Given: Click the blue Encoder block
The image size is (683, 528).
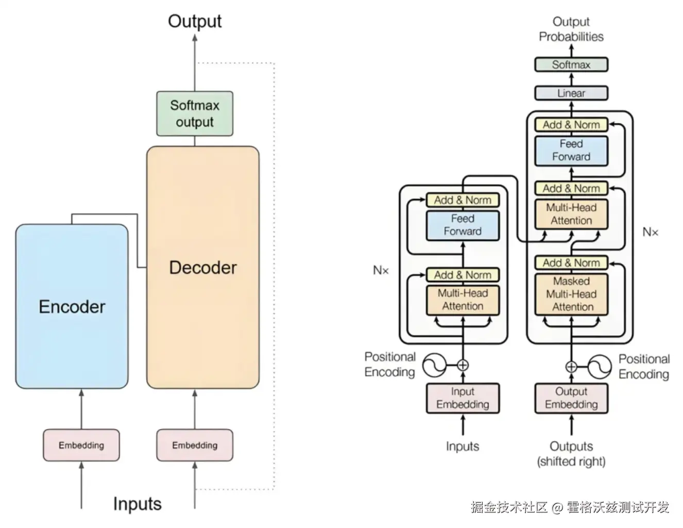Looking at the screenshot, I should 72,306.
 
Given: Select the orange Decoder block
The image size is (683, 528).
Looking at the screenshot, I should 202,267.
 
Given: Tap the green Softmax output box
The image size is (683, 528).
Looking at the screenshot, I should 195,114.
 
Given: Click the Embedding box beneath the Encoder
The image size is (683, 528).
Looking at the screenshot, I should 81,445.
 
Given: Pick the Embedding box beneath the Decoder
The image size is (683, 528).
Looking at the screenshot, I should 195,445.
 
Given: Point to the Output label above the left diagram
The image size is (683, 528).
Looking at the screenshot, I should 195,21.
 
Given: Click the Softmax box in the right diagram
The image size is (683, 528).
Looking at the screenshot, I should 571,65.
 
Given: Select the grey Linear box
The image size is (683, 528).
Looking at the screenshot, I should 571,93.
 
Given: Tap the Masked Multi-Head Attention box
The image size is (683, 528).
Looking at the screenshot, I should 571,294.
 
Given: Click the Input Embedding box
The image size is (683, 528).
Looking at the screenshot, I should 463,398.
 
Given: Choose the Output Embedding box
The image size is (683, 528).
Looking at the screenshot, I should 571,398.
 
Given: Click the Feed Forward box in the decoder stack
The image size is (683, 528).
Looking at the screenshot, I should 571,150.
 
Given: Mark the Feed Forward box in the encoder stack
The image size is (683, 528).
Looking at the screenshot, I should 463,225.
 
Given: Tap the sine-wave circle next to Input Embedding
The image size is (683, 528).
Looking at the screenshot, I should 434,366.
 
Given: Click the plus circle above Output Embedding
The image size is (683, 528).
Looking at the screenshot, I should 571,367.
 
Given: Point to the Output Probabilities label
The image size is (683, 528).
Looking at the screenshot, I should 571,29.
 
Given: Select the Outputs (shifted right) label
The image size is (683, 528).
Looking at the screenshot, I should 571,454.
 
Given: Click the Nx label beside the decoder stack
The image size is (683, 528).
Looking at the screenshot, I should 650,233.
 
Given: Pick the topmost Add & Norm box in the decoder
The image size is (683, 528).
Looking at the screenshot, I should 571,125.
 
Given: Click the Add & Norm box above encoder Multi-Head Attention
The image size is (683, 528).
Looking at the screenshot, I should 463,275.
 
